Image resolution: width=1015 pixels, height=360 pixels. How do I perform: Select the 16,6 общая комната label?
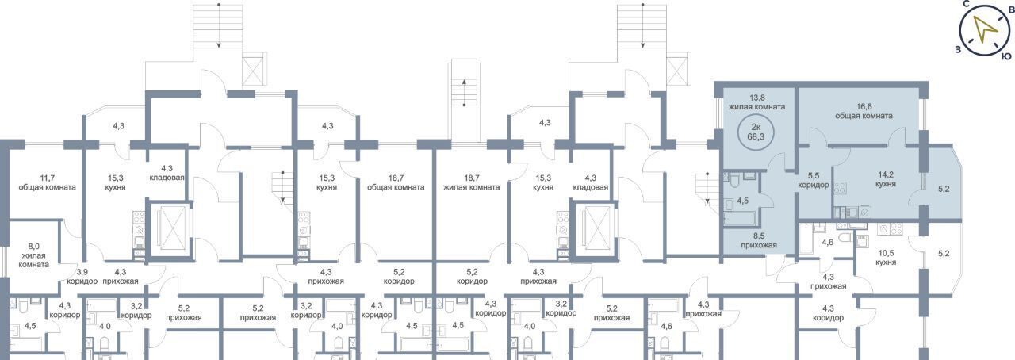[x=864, y=111]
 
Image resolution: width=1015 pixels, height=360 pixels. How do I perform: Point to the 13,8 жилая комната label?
[x=756, y=102]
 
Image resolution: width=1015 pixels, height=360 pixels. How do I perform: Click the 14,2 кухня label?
[x=886, y=179]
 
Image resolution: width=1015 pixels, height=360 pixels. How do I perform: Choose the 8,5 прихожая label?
[x=759, y=240]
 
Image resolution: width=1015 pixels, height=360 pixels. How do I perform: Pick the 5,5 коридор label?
[x=814, y=180]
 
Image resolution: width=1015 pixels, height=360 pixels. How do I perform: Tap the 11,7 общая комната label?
[x=47, y=182]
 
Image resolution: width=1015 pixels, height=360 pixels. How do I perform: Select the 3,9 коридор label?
[x=82, y=277]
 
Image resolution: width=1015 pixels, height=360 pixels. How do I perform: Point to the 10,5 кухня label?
[x=886, y=258]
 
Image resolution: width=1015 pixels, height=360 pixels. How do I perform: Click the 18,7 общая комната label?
[x=396, y=182]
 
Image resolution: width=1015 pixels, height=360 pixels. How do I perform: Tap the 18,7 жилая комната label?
[x=471, y=182]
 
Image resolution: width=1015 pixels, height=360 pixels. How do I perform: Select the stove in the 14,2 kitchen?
[x=840, y=188]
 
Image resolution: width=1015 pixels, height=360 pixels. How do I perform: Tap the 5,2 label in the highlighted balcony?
[x=944, y=189]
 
